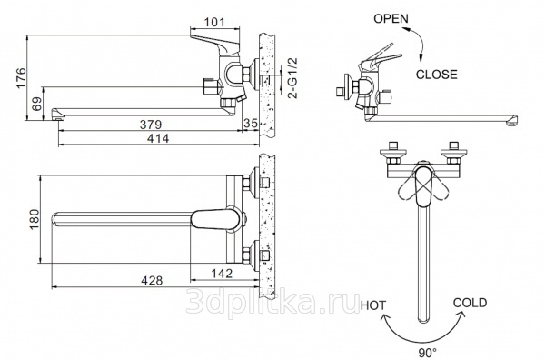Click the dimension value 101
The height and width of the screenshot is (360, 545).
click(x=214, y=22)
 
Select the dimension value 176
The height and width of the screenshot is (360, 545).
click(x=21, y=78)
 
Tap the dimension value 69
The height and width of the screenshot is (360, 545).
click(x=37, y=104)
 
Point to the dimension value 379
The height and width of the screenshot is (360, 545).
click(x=151, y=125)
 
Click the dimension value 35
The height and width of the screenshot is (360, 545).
click(x=251, y=123)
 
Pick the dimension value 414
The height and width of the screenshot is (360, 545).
click(x=158, y=138)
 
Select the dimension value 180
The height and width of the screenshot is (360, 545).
click(x=35, y=219)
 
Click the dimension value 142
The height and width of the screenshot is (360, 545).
click(x=222, y=274)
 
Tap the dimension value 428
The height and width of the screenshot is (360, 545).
click(x=152, y=280)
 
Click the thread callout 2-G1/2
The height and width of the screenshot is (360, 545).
click(x=293, y=78)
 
